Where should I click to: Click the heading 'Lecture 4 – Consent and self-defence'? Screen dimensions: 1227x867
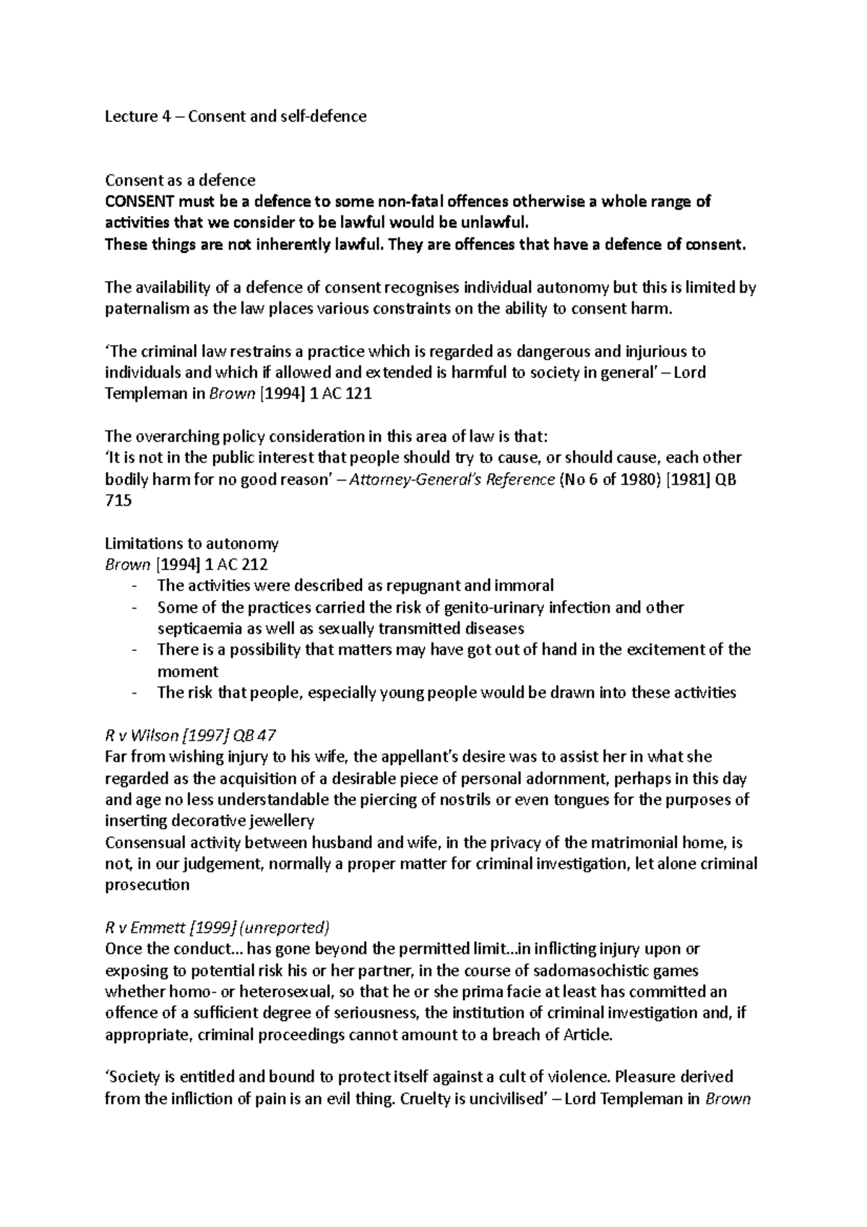[x=236, y=116]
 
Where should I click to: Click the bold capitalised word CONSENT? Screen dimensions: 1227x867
[x=135, y=202]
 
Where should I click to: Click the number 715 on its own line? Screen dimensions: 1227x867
[x=118, y=500]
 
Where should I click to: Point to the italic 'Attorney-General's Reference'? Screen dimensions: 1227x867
[x=452, y=479]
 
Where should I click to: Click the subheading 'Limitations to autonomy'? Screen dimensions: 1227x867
[x=191, y=543]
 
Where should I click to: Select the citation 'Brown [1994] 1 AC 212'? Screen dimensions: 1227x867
[x=186, y=564]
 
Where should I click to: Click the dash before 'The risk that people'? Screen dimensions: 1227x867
[x=135, y=692]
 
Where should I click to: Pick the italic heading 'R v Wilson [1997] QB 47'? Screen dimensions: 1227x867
[x=190, y=736]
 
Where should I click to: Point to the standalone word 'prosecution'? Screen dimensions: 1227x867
[x=147, y=884]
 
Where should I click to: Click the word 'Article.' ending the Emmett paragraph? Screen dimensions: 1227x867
[x=583, y=1035]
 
